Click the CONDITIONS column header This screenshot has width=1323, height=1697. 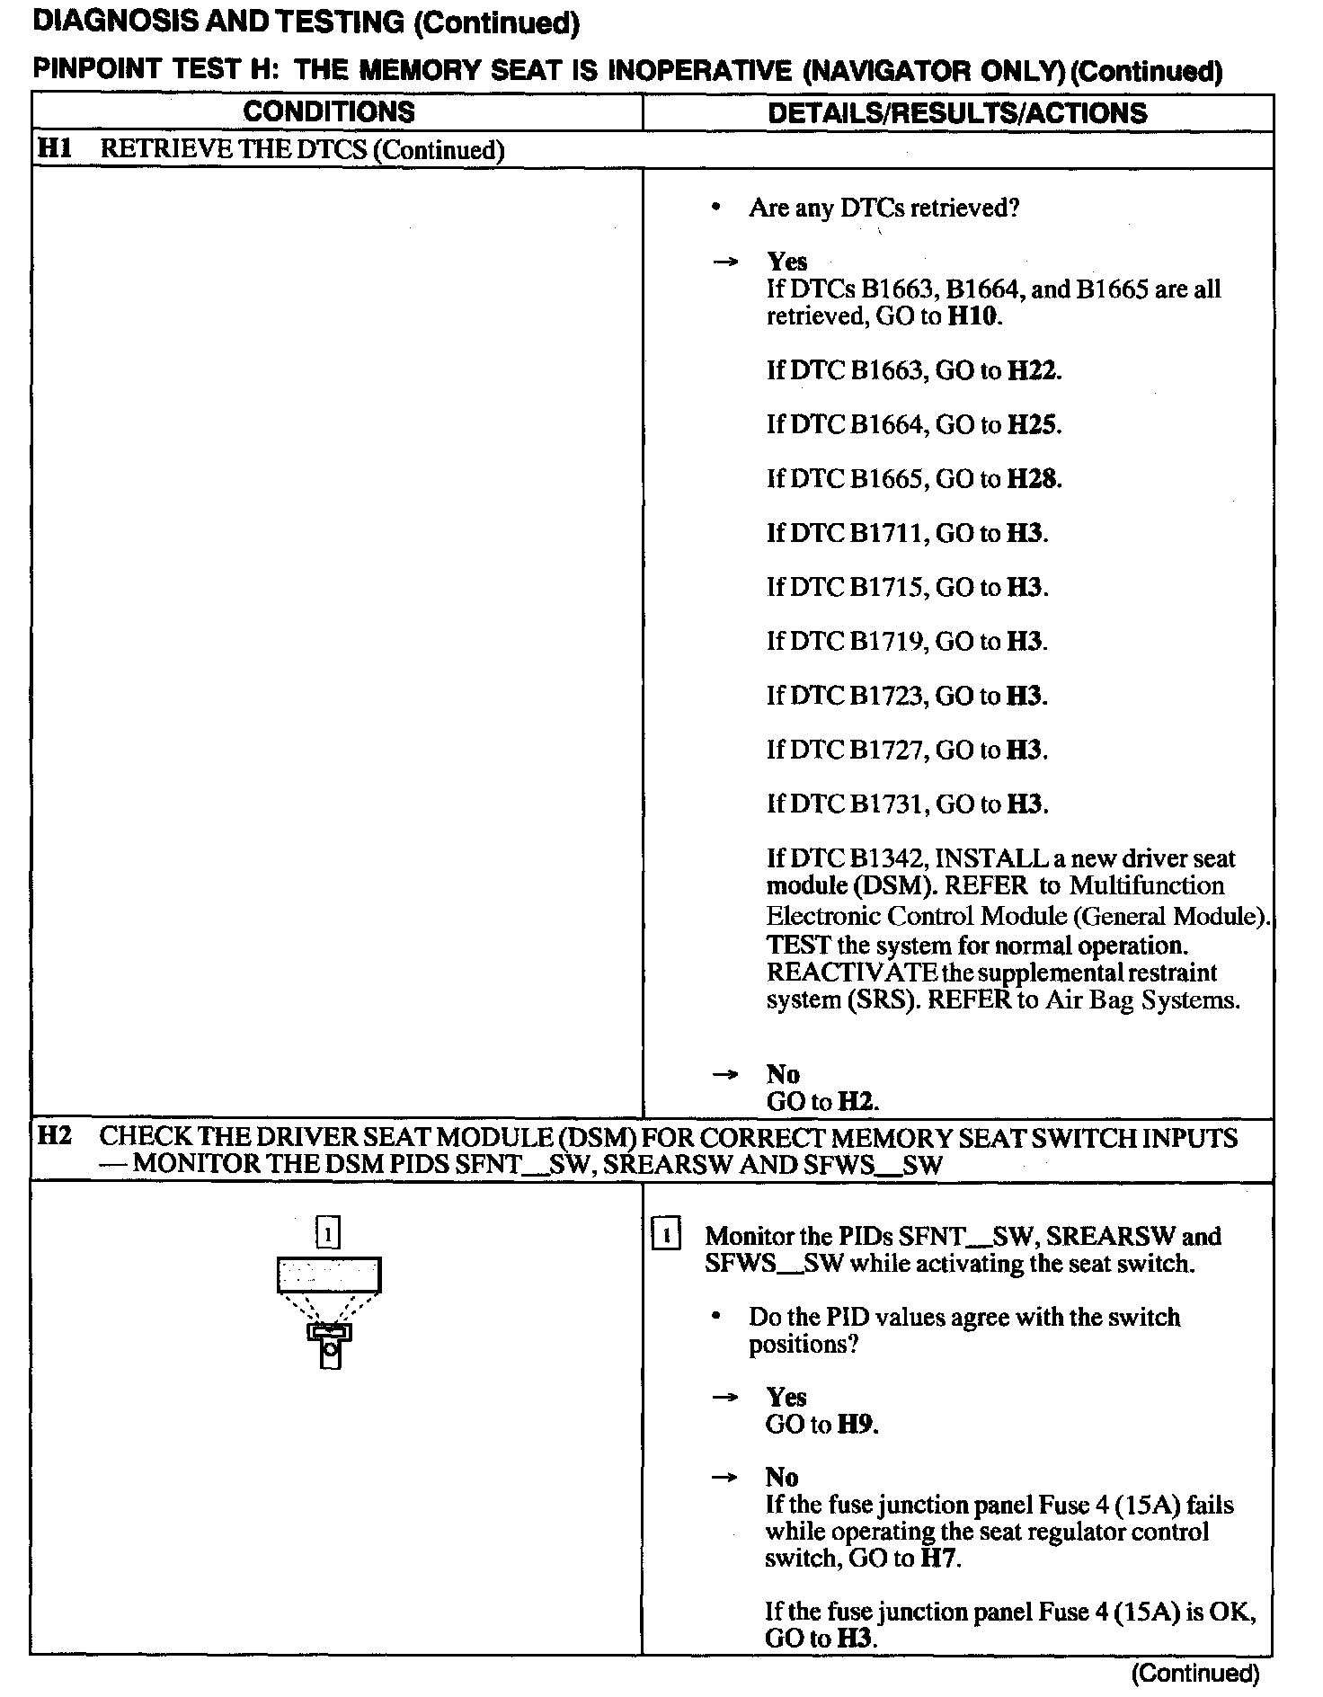(329, 112)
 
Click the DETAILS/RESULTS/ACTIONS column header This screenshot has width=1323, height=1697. (957, 113)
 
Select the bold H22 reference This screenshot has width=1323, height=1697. (1033, 370)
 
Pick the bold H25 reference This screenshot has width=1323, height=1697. (1033, 424)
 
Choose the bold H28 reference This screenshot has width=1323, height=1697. (1033, 478)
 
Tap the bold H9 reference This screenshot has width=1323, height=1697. (857, 1424)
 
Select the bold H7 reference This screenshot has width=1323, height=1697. (940, 1558)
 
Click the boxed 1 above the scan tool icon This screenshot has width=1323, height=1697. (329, 1233)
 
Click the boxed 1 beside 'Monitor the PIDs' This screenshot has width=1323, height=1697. (666, 1235)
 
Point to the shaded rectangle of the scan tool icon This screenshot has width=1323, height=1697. (329, 1274)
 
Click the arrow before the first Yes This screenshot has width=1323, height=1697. (724, 262)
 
